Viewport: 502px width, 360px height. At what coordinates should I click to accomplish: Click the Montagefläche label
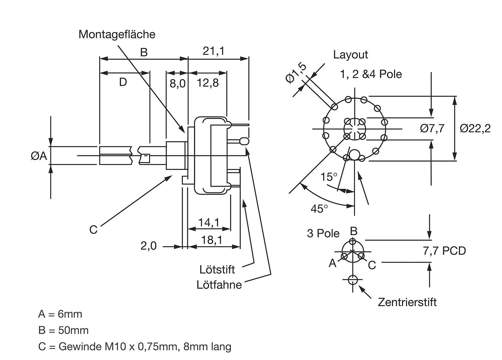click(x=117, y=34)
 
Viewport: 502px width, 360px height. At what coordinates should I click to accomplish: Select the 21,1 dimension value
click(x=214, y=51)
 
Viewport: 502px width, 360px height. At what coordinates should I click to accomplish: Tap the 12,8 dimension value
click(x=208, y=83)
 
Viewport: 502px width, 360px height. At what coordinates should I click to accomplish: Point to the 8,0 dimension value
click(x=177, y=83)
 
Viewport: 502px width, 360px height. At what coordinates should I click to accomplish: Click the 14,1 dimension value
click(x=209, y=222)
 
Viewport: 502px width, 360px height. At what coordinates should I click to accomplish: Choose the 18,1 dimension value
click(x=211, y=240)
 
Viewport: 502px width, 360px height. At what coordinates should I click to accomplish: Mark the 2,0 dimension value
click(x=148, y=246)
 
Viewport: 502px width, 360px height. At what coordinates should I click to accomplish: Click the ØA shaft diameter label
click(x=39, y=155)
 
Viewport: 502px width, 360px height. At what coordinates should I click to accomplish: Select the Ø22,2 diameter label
click(x=475, y=128)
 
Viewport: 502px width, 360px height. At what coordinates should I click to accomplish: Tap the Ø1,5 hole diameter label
click(x=296, y=73)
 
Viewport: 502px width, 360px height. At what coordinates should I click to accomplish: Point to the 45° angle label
click(x=319, y=209)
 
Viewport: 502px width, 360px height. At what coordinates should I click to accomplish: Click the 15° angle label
click(x=329, y=177)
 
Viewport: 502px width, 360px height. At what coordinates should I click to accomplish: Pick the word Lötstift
click(x=217, y=269)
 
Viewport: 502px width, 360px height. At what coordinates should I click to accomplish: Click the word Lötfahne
click(x=219, y=285)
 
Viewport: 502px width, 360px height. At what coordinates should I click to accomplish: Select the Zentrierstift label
click(x=407, y=302)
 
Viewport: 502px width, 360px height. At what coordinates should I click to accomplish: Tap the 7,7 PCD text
click(x=444, y=251)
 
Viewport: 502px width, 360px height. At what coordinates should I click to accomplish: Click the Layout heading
click(x=351, y=55)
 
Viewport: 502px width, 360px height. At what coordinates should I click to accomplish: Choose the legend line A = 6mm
click(x=60, y=314)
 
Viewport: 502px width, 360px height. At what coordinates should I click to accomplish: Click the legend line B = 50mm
click(x=63, y=330)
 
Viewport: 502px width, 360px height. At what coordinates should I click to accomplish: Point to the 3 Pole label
click(x=323, y=233)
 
